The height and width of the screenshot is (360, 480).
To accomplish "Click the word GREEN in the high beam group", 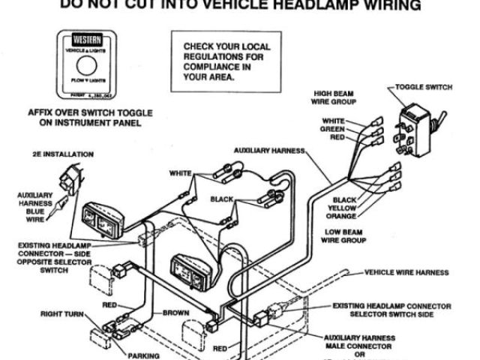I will click(333, 129).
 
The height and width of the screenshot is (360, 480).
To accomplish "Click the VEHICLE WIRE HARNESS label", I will click(406, 272).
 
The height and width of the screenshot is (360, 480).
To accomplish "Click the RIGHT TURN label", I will click(63, 313).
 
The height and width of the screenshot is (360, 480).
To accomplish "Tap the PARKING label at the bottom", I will click(143, 355).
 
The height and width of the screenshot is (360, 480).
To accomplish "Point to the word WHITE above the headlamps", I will click(181, 173).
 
